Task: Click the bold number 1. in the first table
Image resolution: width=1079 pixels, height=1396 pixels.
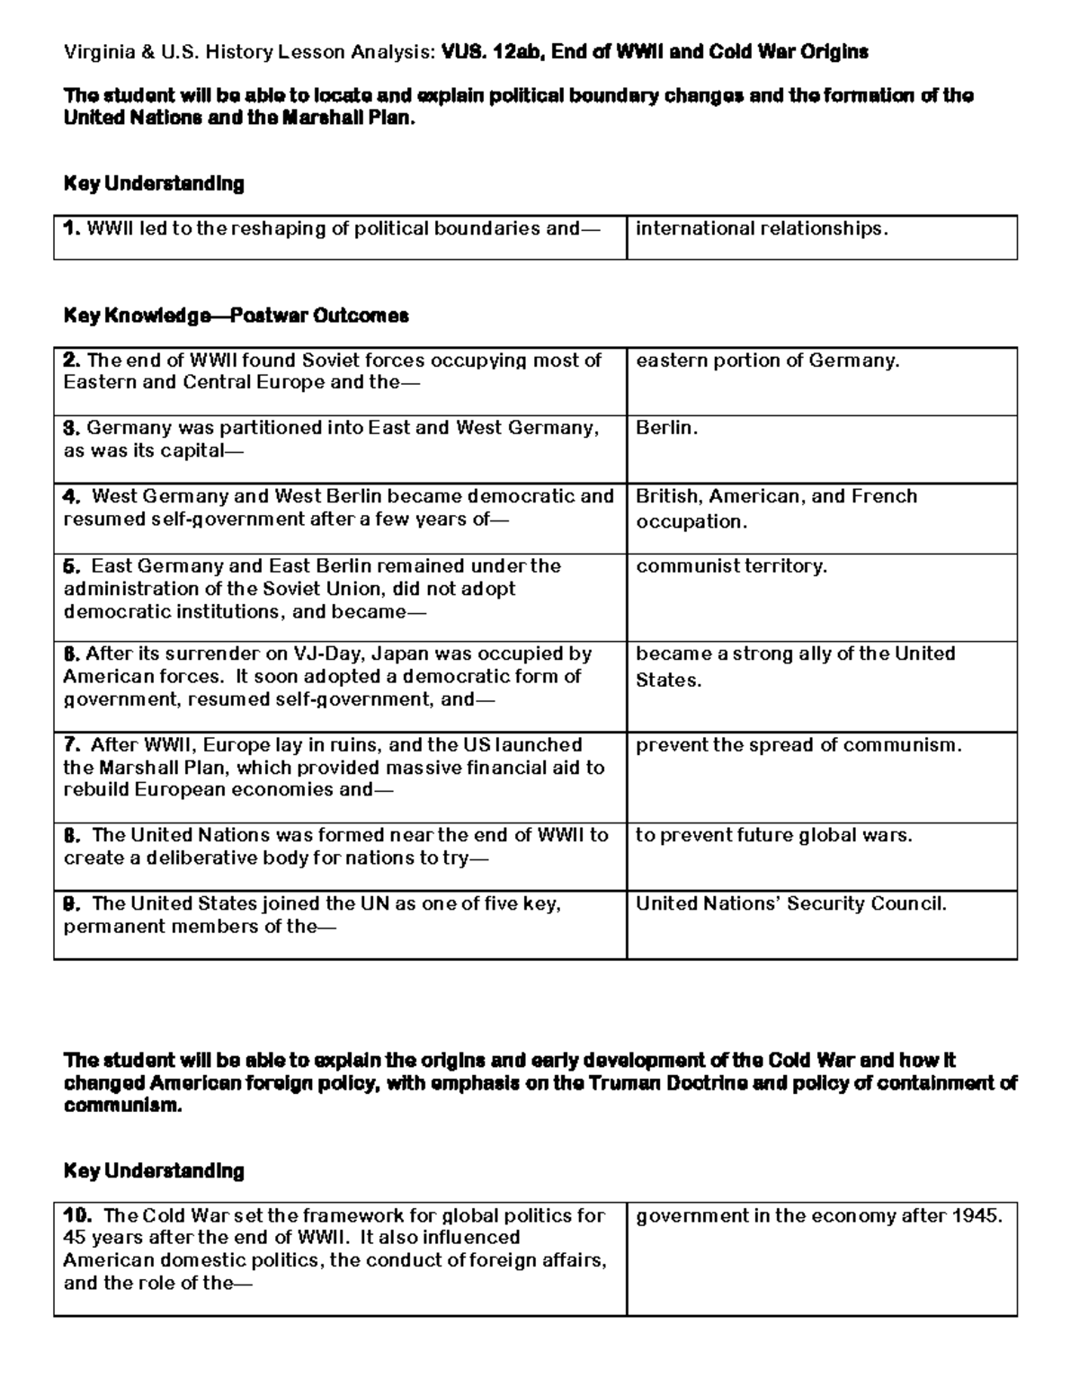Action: tap(72, 228)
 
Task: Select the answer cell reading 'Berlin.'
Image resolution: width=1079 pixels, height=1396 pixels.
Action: tap(666, 428)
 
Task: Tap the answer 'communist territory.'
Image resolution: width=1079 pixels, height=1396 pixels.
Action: tap(731, 565)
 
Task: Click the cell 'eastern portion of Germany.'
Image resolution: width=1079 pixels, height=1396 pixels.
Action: tap(767, 360)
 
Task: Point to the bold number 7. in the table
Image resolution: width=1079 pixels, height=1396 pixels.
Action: tap(73, 745)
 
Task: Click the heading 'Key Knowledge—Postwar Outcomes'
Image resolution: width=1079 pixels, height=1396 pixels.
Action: tap(236, 316)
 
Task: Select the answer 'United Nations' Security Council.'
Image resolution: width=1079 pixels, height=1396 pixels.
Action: tap(791, 903)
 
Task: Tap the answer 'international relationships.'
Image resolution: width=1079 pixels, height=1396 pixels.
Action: tap(762, 228)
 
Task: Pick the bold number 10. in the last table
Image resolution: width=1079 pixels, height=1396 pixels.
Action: tap(78, 1215)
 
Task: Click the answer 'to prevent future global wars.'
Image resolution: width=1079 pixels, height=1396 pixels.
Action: tap(773, 835)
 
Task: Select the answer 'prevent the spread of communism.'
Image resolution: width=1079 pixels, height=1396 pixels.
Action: tap(798, 745)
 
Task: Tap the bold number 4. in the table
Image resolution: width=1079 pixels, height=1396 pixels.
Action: tap(72, 496)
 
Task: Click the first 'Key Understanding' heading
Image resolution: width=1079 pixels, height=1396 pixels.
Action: tap(154, 183)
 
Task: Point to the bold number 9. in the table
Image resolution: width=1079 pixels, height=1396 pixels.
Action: tap(73, 903)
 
